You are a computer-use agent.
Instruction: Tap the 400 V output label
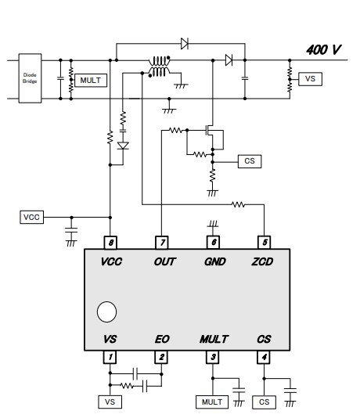pos(324,50)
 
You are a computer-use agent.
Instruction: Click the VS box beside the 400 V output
pos(311,79)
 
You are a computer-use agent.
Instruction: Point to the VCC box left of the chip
pos(32,216)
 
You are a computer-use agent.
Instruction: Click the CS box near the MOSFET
pos(250,160)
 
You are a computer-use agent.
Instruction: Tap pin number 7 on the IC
pos(161,243)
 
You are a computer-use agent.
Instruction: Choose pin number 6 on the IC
pos(213,243)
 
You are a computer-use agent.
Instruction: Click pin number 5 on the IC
pos(265,243)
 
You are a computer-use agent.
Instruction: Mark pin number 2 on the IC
pos(161,358)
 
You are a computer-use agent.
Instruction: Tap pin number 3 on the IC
pos(213,358)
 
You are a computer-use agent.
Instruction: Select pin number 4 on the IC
pos(265,358)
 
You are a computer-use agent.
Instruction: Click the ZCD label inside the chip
pos(264,263)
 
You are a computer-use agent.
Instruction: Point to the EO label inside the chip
pos(161,339)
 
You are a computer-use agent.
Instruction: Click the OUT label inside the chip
pos(162,263)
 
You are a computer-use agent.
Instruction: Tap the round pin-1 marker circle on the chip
pos(106,312)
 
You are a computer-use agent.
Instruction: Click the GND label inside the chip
pos(213,263)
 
